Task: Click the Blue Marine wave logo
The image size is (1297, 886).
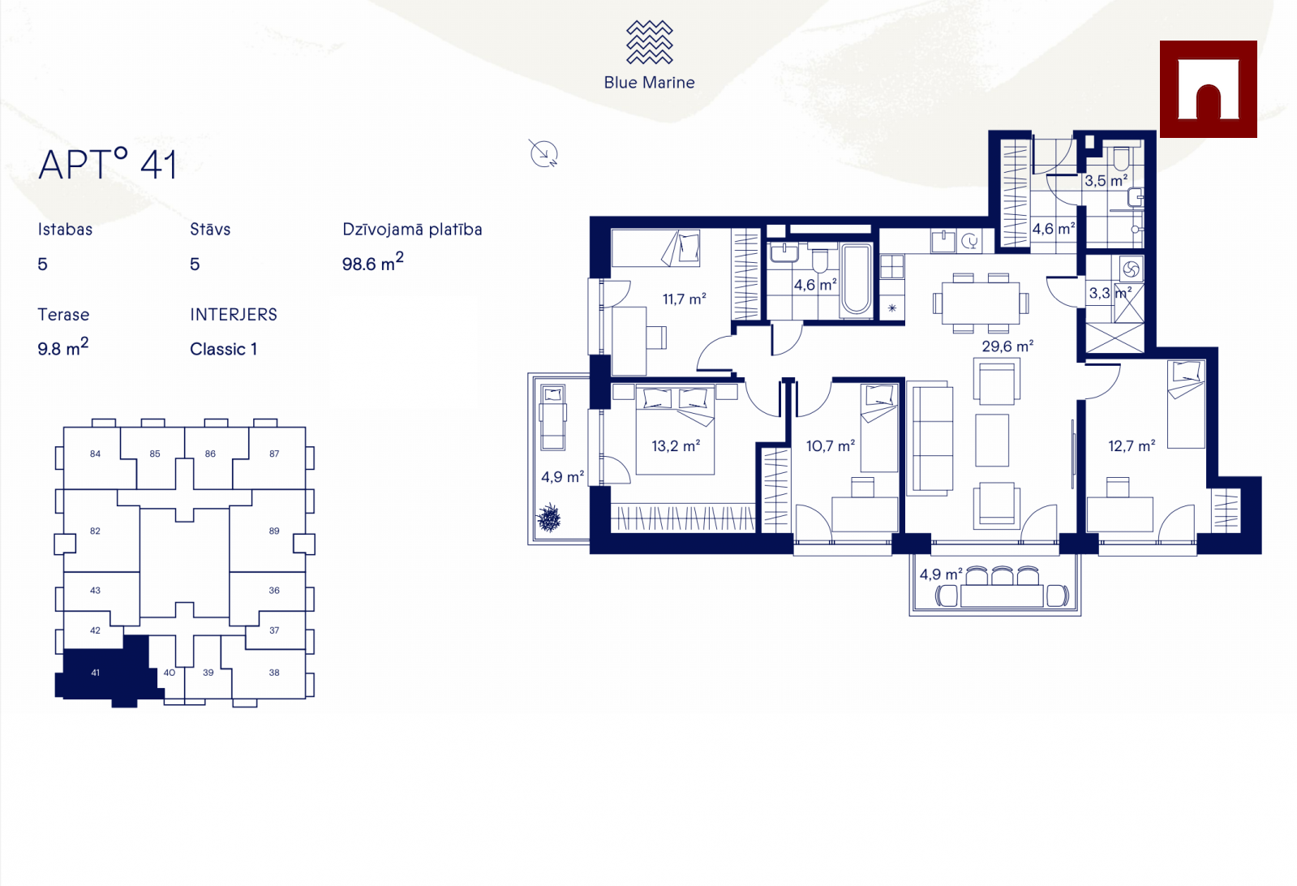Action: (649, 42)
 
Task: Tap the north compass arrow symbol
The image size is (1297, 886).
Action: (543, 153)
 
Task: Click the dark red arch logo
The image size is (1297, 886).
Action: (1208, 89)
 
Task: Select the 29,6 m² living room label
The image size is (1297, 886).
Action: (1007, 346)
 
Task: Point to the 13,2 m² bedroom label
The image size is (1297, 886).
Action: (676, 446)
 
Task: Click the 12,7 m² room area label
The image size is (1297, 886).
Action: (1132, 446)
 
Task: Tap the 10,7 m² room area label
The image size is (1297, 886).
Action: (831, 446)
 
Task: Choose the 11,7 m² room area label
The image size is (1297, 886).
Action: (685, 299)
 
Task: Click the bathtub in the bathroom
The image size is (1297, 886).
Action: (857, 280)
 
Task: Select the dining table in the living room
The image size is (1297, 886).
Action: (981, 303)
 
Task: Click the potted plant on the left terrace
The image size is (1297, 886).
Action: (549, 518)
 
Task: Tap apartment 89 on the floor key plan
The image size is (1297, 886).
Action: (274, 531)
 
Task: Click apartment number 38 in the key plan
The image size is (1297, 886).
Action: (274, 673)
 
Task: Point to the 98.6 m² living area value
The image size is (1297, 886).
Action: (372, 262)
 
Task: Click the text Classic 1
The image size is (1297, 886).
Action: (224, 349)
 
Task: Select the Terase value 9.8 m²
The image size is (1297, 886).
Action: (63, 347)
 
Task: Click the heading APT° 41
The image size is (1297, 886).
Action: (107, 165)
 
